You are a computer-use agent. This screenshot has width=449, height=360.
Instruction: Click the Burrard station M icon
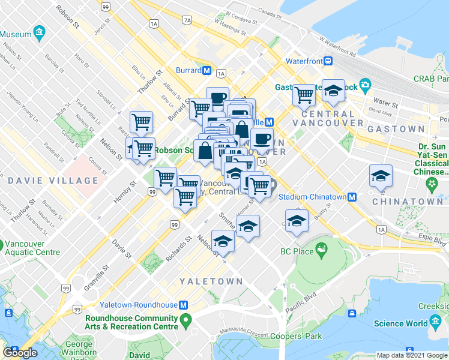point(206,70)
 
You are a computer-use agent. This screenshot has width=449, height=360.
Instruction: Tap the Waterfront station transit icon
point(328,61)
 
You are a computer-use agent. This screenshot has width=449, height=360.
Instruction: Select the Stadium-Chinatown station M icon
point(352,197)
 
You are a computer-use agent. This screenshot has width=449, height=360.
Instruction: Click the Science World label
point(397,323)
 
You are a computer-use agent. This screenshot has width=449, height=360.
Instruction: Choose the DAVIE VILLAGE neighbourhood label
point(53,181)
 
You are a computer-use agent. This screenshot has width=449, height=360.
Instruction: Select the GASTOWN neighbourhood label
point(396,129)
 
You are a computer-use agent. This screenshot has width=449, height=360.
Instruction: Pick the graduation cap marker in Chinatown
point(381,176)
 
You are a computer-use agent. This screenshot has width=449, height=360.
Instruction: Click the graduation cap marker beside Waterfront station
point(333,91)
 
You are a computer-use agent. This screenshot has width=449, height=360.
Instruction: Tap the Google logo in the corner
point(20,353)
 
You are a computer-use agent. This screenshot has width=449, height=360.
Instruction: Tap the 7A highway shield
point(187,20)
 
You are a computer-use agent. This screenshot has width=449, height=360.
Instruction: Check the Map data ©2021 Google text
point(412,355)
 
